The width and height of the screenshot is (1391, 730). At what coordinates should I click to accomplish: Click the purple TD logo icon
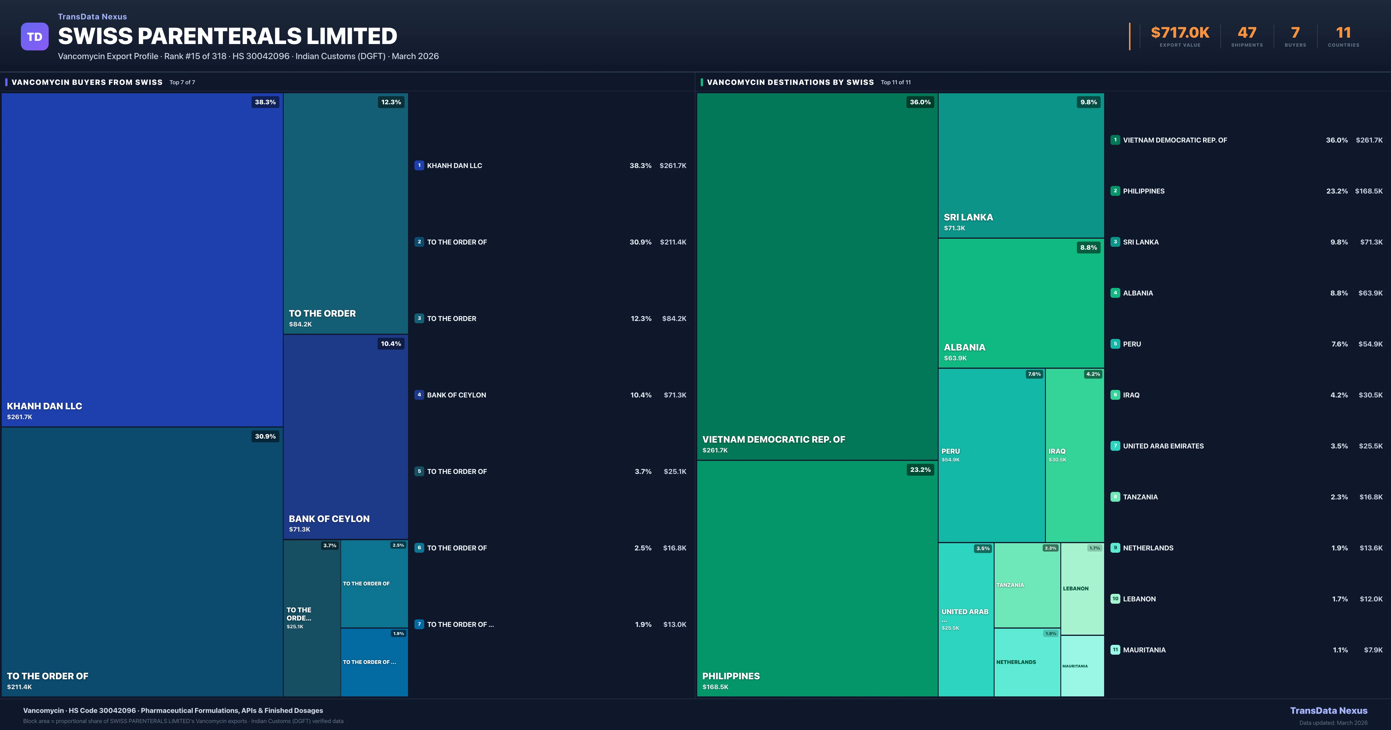pos(34,37)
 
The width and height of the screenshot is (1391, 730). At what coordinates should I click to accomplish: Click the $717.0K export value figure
pos(1180,33)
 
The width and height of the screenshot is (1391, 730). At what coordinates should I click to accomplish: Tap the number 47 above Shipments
pos(1247,33)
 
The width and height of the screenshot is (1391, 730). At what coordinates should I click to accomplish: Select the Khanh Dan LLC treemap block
pos(142,259)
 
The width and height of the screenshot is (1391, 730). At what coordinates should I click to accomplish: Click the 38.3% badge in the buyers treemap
pos(265,102)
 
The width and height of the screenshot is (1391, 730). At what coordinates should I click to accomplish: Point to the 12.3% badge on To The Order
pos(391,102)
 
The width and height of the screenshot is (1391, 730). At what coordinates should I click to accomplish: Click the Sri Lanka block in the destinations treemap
pos(1021,165)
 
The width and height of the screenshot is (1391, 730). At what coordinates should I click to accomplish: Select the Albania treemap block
pos(1021,302)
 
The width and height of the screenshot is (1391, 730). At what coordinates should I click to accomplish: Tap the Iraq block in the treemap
pos(1075,455)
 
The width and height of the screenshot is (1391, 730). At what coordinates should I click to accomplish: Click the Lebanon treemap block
pos(1082,589)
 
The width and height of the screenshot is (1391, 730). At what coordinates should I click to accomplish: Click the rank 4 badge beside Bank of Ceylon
pos(419,395)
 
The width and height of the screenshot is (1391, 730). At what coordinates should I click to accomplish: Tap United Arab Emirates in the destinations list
pos(1163,446)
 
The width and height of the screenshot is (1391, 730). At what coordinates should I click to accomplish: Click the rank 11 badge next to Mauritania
pos(1115,649)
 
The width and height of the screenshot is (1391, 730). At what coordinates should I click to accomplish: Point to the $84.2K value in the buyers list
pos(674,319)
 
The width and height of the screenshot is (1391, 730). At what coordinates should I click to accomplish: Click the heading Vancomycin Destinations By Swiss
pos(790,82)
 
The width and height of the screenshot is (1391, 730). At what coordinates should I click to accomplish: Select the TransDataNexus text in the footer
pos(1328,711)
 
